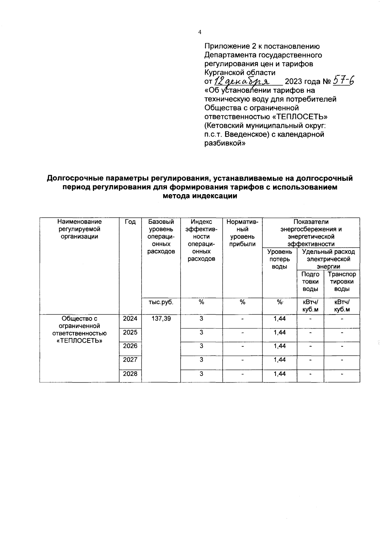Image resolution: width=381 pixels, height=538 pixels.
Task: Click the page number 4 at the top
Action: [199, 32]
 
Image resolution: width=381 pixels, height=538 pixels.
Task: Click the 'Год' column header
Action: [130, 222]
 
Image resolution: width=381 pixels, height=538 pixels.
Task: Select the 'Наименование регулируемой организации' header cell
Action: [79, 229]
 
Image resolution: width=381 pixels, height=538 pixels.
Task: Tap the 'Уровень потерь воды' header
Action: [279, 259]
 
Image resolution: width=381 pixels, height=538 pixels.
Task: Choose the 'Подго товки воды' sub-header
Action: [310, 282]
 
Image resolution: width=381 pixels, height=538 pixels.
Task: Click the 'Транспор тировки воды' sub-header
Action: [342, 282]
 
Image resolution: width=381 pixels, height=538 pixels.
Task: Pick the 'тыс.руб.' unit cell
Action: [161, 302]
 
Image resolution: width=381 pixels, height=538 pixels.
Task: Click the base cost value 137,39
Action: [161, 318]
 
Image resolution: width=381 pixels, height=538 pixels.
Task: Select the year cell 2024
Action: [130, 318]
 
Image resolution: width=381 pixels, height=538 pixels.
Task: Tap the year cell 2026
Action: [130, 346]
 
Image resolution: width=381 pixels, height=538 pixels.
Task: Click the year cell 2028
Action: [130, 374]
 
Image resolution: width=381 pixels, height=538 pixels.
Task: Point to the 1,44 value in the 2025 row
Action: [279, 332]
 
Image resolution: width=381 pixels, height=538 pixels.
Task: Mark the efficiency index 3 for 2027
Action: [201, 360]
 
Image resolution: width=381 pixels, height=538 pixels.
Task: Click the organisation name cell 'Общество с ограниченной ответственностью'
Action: [79, 330]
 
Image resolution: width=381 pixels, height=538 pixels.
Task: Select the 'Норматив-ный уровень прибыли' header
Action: [242, 233]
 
